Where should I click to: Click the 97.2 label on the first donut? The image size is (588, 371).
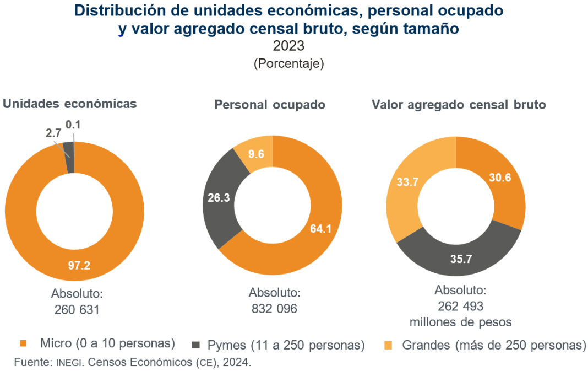[x=79, y=265]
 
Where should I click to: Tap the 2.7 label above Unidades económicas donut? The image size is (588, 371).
[x=53, y=133]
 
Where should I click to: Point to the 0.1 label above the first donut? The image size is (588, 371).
[x=73, y=125]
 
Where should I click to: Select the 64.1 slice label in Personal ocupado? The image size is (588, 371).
[x=321, y=228]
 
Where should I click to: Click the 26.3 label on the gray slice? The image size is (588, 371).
[x=219, y=198]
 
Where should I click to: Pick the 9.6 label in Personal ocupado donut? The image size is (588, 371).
[x=257, y=154]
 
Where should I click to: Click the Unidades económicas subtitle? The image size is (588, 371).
[x=70, y=104]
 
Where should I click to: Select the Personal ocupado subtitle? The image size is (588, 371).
[x=270, y=105]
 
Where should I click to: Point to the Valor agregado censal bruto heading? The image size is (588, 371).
[x=459, y=105]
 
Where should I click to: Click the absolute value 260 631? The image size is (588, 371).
[x=77, y=310]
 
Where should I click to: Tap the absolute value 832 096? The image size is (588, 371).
[x=274, y=309]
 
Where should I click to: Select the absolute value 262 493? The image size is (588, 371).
[x=460, y=306]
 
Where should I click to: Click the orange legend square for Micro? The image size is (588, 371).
[x=23, y=344]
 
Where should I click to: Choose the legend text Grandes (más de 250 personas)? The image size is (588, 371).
[x=493, y=345]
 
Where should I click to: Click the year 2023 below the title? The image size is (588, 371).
[x=288, y=46]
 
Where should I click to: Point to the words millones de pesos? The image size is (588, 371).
[x=460, y=322]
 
